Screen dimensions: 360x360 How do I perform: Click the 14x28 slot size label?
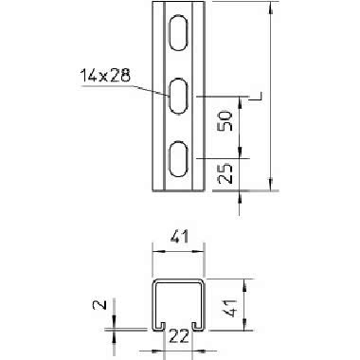[105, 76]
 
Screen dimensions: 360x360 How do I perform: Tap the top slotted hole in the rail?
[179, 33]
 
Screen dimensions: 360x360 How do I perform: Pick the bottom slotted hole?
[179, 158]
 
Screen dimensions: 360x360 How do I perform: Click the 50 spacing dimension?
[226, 121]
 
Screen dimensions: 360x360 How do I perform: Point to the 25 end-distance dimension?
[226, 173]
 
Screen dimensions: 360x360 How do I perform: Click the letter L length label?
[257, 97]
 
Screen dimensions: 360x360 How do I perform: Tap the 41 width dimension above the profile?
[179, 237]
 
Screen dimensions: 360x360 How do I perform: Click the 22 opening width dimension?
[179, 336]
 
